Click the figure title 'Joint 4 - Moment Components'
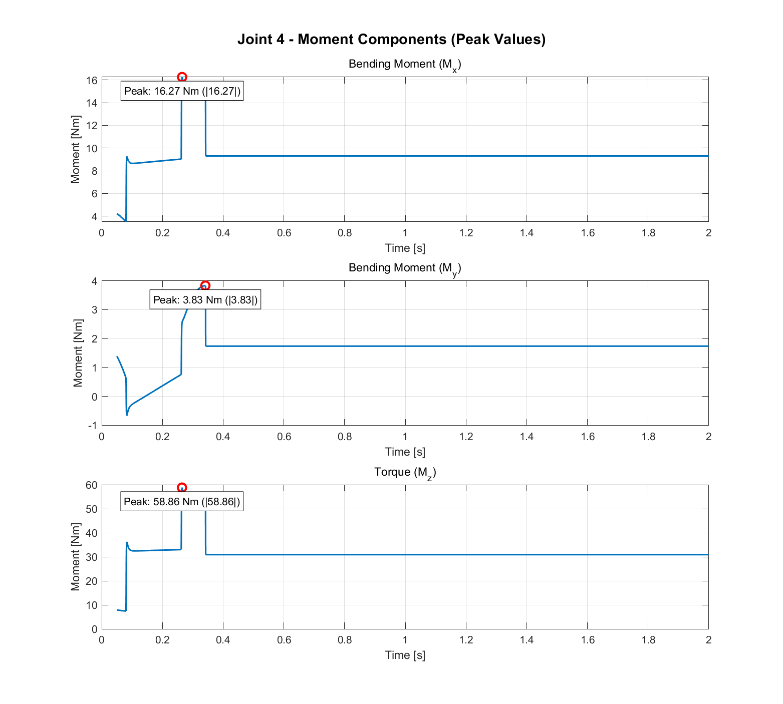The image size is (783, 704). [x=391, y=39]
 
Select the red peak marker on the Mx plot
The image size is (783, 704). [x=182, y=77]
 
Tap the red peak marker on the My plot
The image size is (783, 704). [x=205, y=286]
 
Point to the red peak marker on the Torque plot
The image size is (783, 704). [x=182, y=488]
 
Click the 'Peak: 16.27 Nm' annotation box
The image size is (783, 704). [x=182, y=91]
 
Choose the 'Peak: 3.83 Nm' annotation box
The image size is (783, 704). [x=205, y=300]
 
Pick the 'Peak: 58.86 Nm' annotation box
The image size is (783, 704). [x=182, y=502]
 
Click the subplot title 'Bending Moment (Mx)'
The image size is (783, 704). [x=404, y=65]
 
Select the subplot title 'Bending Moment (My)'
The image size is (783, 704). [x=404, y=268]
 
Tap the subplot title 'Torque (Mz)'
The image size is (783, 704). [x=405, y=472]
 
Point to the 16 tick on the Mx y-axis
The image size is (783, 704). [x=91, y=81]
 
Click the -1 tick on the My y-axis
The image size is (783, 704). [x=92, y=426]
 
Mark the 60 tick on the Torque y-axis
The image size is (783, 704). [x=91, y=485]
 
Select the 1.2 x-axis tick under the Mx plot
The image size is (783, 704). [x=466, y=233]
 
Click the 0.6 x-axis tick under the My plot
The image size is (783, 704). [x=284, y=437]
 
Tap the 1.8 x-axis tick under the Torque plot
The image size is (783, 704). [x=648, y=640]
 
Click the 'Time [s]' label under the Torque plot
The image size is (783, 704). [x=405, y=655]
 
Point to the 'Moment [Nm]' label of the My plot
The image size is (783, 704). [x=77, y=353]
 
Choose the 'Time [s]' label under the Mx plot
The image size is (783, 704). [x=405, y=248]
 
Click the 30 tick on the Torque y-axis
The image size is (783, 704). [x=91, y=557]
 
